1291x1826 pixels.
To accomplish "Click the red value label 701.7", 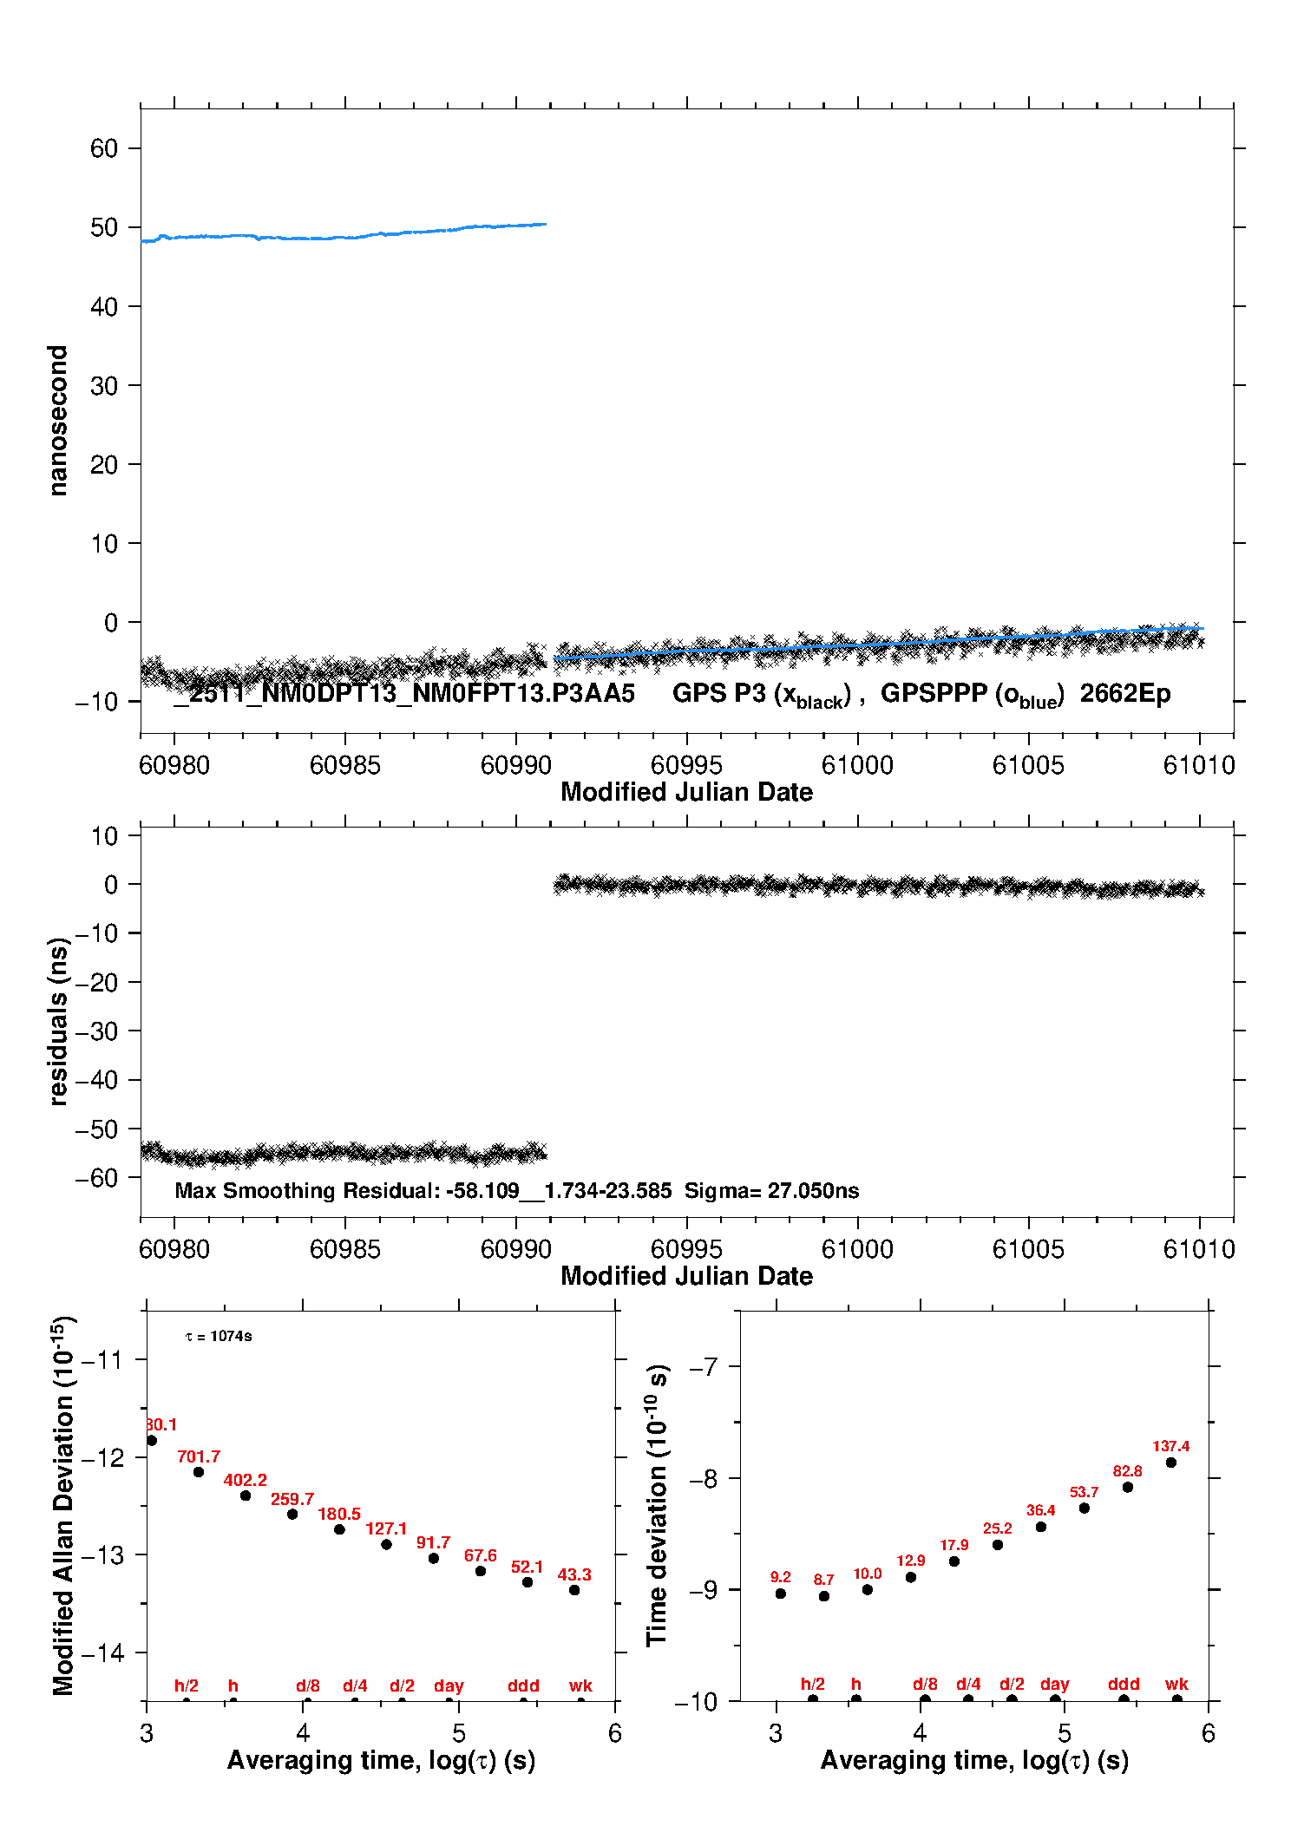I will tap(199, 1456).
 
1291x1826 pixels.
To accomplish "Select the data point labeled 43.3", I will tap(574, 1590).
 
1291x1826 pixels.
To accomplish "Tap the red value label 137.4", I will tap(1170, 1446).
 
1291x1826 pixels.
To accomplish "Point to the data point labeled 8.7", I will tap(824, 1596).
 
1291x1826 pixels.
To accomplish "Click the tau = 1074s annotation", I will tap(219, 1336).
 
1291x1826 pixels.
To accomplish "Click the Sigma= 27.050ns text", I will tap(771, 1190).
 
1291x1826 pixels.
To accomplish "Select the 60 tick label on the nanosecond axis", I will tap(104, 148).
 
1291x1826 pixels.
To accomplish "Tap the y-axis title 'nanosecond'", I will tap(57, 421).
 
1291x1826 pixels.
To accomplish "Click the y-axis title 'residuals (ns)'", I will tap(57, 1021).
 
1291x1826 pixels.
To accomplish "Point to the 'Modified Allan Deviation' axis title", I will tap(63, 1505).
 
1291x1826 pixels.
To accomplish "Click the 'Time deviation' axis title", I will tap(658, 1505).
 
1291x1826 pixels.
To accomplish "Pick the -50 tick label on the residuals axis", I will tap(95, 1129).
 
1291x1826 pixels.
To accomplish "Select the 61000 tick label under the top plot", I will tap(857, 765).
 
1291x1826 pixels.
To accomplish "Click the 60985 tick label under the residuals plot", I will tap(345, 1249).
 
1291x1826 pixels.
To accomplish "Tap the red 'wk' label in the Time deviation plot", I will tap(1176, 1684).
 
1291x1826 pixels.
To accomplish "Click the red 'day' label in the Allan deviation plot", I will tap(449, 1685).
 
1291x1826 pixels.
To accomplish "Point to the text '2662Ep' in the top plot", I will tap(1125, 693).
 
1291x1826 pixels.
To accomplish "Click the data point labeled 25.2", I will tap(998, 1545).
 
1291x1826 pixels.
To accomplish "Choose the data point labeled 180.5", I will tap(339, 1529).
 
